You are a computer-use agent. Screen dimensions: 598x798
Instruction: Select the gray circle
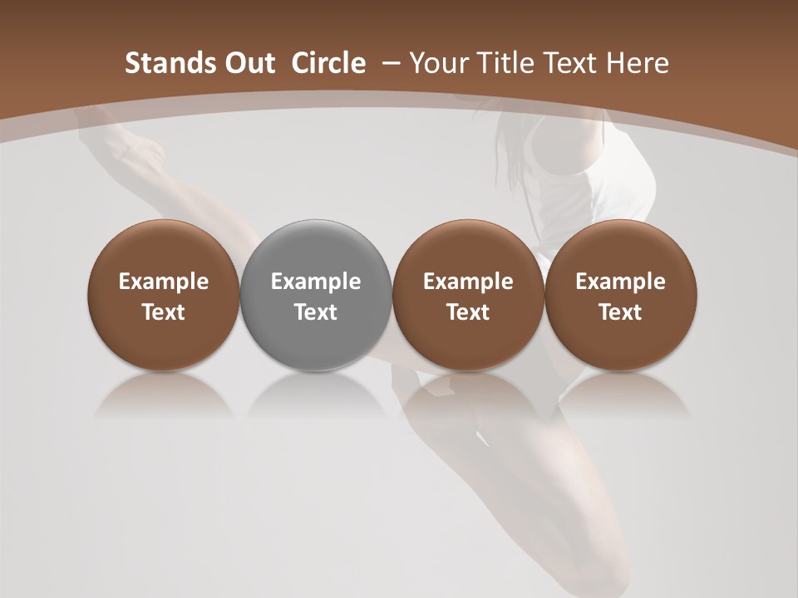point(316,294)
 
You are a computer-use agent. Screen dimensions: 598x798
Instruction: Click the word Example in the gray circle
point(316,282)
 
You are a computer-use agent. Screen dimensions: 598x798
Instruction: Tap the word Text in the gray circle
point(316,312)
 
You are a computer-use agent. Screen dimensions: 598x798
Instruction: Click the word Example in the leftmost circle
point(163,282)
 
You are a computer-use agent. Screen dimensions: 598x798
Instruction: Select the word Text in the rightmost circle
point(620,312)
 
